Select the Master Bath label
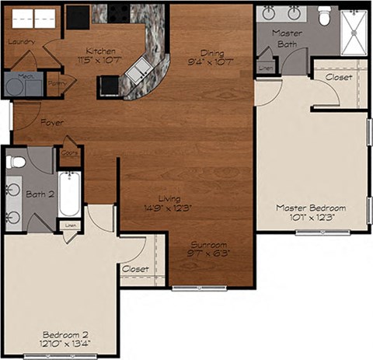(x=287, y=39)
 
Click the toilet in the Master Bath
(x=324, y=13)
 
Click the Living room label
(x=167, y=203)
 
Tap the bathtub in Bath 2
(x=69, y=194)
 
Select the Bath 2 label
(x=39, y=194)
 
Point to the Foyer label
(x=52, y=123)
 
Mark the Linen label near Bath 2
(x=71, y=225)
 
